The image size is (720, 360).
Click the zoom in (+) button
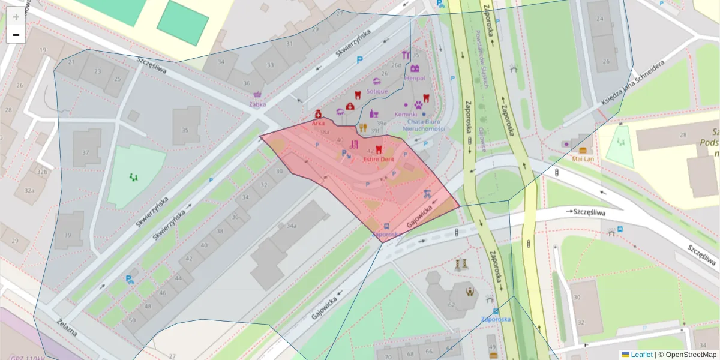pyautogui.click(x=16, y=17)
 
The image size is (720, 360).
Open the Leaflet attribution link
pyautogui.click(x=641, y=355)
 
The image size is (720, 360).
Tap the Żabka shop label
pyautogui.click(x=257, y=104)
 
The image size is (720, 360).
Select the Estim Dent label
pyautogui.click(x=379, y=160)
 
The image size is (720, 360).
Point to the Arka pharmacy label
pyautogui.click(x=318, y=122)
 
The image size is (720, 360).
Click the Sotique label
pyautogui.click(x=377, y=91)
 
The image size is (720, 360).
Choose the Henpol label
pyautogui.click(x=415, y=78)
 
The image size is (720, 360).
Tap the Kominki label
pyautogui.click(x=405, y=114)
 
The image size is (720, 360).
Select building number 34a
pyautogui.click(x=292, y=226)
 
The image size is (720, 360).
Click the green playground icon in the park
pyautogui.click(x=133, y=177)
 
